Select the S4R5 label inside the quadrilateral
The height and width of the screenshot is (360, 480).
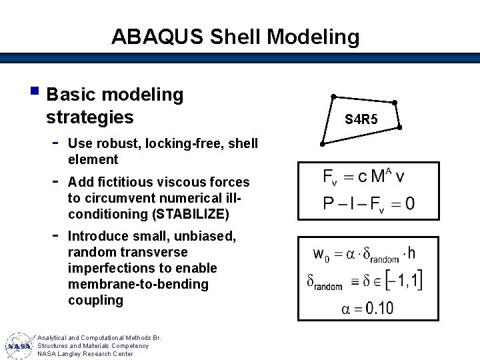[361, 120]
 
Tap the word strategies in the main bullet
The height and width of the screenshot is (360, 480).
[89, 117]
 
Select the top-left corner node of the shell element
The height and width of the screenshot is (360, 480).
[334, 95]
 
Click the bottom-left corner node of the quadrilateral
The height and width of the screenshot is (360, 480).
[322, 144]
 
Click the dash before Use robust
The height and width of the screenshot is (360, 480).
[56, 142]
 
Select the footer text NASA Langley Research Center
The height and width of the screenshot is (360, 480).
[85, 354]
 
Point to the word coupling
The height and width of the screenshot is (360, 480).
[95, 300]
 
